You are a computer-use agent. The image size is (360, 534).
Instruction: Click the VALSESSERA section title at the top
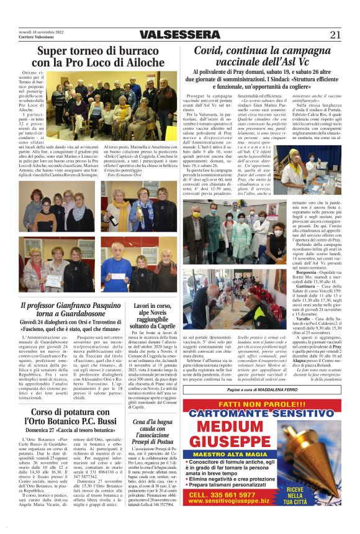pyautogui.click(x=180, y=34)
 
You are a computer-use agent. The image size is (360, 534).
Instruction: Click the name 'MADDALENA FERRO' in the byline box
pyautogui.click(x=280, y=389)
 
